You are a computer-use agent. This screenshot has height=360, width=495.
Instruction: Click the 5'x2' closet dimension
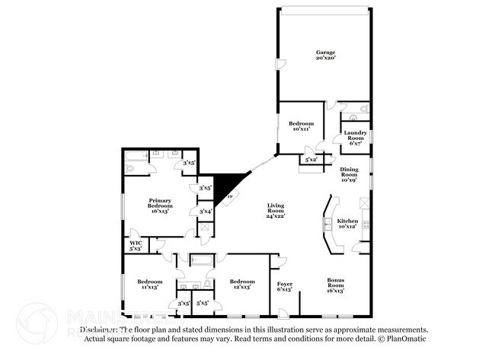[x=311, y=160]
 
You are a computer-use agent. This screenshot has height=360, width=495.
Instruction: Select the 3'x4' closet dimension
[x=206, y=212]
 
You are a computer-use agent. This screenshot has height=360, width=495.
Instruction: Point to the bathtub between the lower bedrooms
[x=200, y=261]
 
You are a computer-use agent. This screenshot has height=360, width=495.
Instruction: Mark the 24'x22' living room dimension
[x=275, y=216]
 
